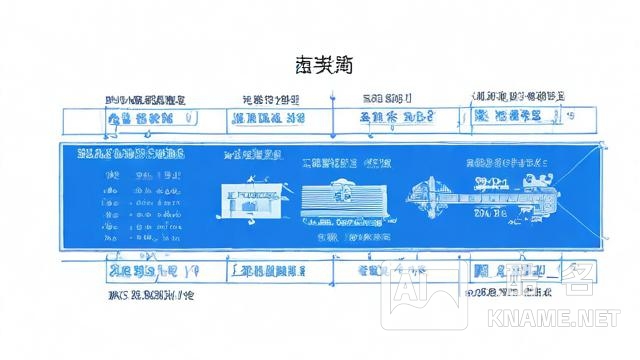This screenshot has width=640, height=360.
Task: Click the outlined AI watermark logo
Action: tap(424, 296)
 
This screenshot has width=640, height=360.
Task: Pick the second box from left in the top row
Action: tap(268, 119)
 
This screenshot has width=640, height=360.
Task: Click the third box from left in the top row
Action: tap(397, 119)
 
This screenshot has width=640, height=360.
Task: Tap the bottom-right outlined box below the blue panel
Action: tap(515, 271)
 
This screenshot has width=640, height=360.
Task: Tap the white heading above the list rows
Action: tap(131, 155)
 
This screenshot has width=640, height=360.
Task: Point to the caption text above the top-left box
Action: tap(146, 101)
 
